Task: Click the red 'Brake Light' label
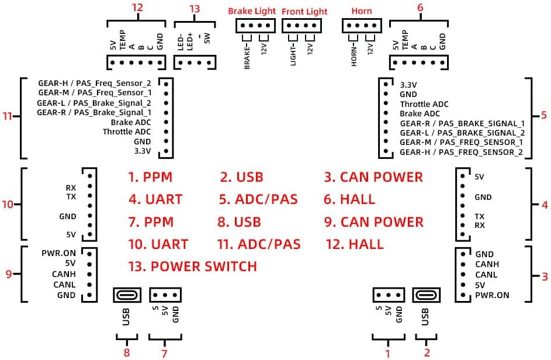pos(252,11)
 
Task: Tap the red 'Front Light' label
pos(304,12)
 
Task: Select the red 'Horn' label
pos(362,11)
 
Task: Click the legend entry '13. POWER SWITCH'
pos(193,266)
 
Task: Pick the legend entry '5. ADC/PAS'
pos(258,199)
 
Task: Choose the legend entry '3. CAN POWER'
pos(373,177)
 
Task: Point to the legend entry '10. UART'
pos(158,244)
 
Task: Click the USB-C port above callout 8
pos(127,295)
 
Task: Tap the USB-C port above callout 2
pos(427,295)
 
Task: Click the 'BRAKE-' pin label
pos(247,56)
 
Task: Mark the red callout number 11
pos(8,116)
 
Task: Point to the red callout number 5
pos(543,115)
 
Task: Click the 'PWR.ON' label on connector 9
pos(58,253)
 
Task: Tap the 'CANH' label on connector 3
pos(487,264)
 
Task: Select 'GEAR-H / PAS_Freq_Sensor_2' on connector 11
pos(95,84)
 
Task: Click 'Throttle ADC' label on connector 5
pos(424,104)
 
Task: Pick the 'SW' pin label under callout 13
pos(207,38)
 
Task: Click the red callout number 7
pos(164,353)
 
